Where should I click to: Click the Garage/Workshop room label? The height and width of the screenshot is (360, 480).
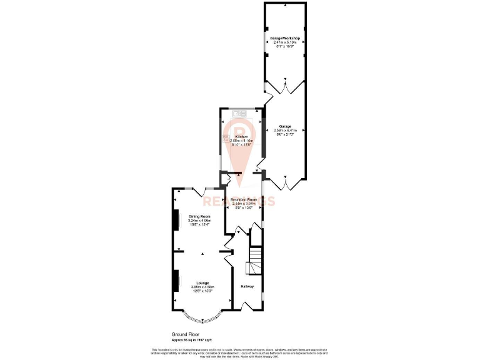285,39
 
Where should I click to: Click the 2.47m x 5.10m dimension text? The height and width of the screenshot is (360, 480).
285,42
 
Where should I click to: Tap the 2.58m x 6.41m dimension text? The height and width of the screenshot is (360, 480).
285,130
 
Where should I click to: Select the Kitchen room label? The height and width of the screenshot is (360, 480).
241,136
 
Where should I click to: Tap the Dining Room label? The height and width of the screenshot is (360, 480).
199,216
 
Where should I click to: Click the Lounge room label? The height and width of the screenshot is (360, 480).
202,282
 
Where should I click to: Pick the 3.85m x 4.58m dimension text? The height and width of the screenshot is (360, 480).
202,287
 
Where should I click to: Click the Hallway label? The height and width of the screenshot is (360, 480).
247,286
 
